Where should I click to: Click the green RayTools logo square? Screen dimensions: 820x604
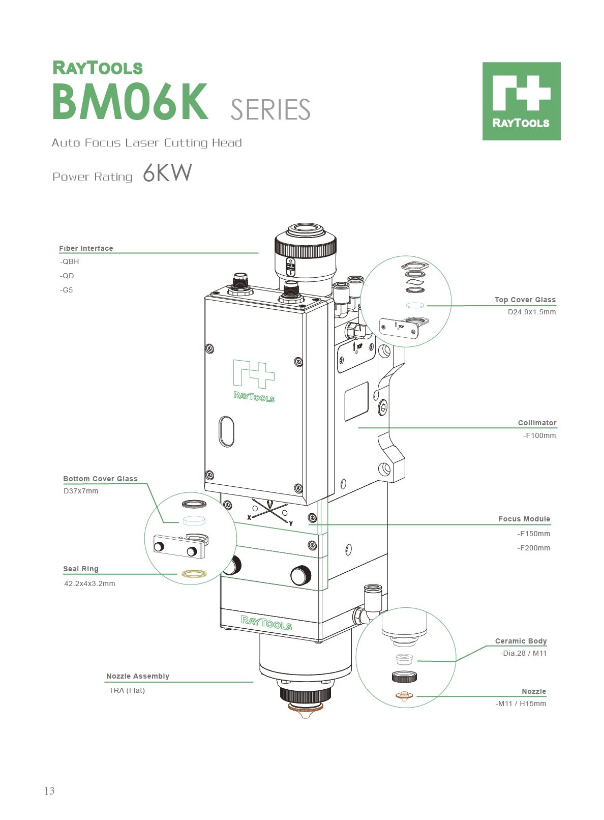[x=521, y=101]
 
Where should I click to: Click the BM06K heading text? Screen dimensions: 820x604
[x=130, y=102]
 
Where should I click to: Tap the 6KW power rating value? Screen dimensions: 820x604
[x=167, y=173]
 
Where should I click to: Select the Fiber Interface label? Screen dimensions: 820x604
[x=86, y=248]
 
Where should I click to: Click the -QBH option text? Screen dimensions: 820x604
[x=70, y=261]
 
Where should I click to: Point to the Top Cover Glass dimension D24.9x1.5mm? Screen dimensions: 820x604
[x=531, y=312]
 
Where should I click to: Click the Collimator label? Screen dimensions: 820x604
[x=537, y=423]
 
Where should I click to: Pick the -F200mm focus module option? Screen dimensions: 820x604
[x=533, y=548]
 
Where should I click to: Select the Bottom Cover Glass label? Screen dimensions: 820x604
[x=100, y=479]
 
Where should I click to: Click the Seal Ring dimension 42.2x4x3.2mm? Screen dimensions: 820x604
[x=89, y=583]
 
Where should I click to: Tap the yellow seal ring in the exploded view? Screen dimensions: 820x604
[x=194, y=574]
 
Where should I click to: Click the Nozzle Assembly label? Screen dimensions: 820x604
[x=137, y=676]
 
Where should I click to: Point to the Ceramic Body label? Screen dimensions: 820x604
[x=521, y=641]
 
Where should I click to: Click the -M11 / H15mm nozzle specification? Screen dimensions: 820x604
[x=521, y=704]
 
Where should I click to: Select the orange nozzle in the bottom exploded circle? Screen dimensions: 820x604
[x=404, y=696]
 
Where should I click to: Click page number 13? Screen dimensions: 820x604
[x=49, y=790]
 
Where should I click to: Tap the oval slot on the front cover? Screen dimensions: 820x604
[x=227, y=431]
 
